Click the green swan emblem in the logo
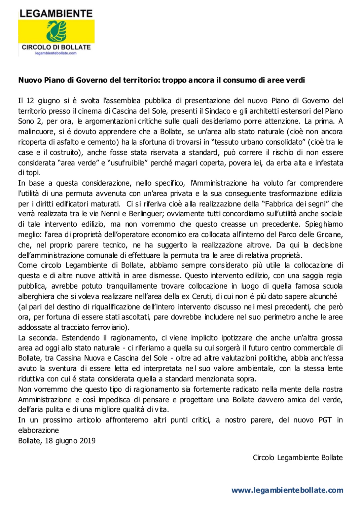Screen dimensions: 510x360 [57, 31]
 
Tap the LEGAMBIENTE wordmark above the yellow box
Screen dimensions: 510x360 [56, 14]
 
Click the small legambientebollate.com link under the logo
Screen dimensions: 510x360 [56, 53]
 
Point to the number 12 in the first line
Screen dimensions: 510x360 [30, 101]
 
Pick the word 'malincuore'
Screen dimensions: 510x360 [36, 132]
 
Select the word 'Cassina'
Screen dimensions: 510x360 [69, 358]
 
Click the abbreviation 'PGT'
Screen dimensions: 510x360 [325, 420]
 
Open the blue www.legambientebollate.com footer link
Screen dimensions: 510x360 [287, 490]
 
